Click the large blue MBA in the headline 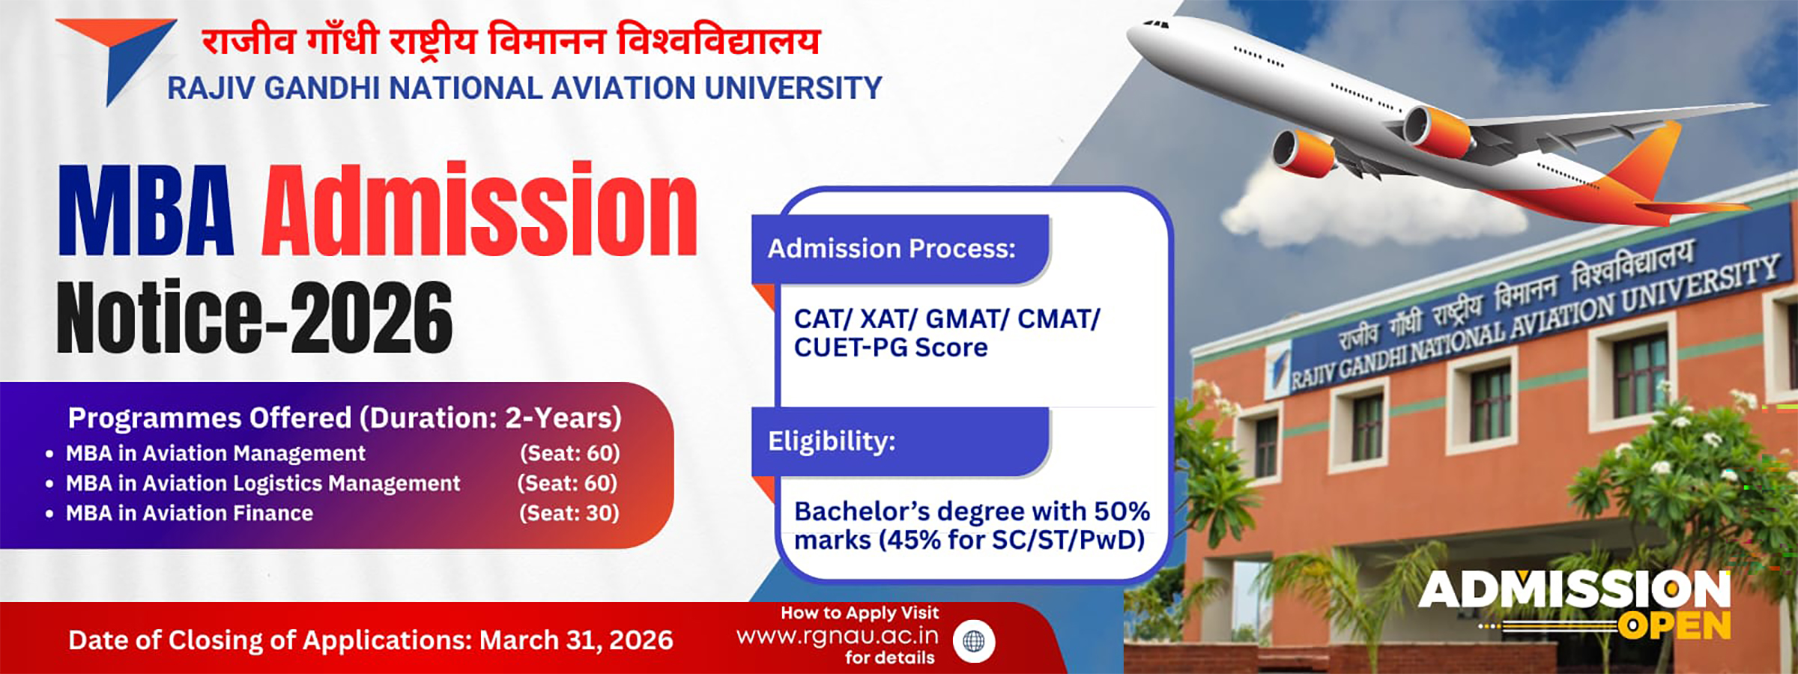146,213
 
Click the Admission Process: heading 892,249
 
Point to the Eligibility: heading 832,441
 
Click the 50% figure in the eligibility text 1122,511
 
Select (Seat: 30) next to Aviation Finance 569,514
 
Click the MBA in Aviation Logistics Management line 263,484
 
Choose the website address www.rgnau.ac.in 837,636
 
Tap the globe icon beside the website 973,641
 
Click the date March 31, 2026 575,640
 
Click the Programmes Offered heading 345,418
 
